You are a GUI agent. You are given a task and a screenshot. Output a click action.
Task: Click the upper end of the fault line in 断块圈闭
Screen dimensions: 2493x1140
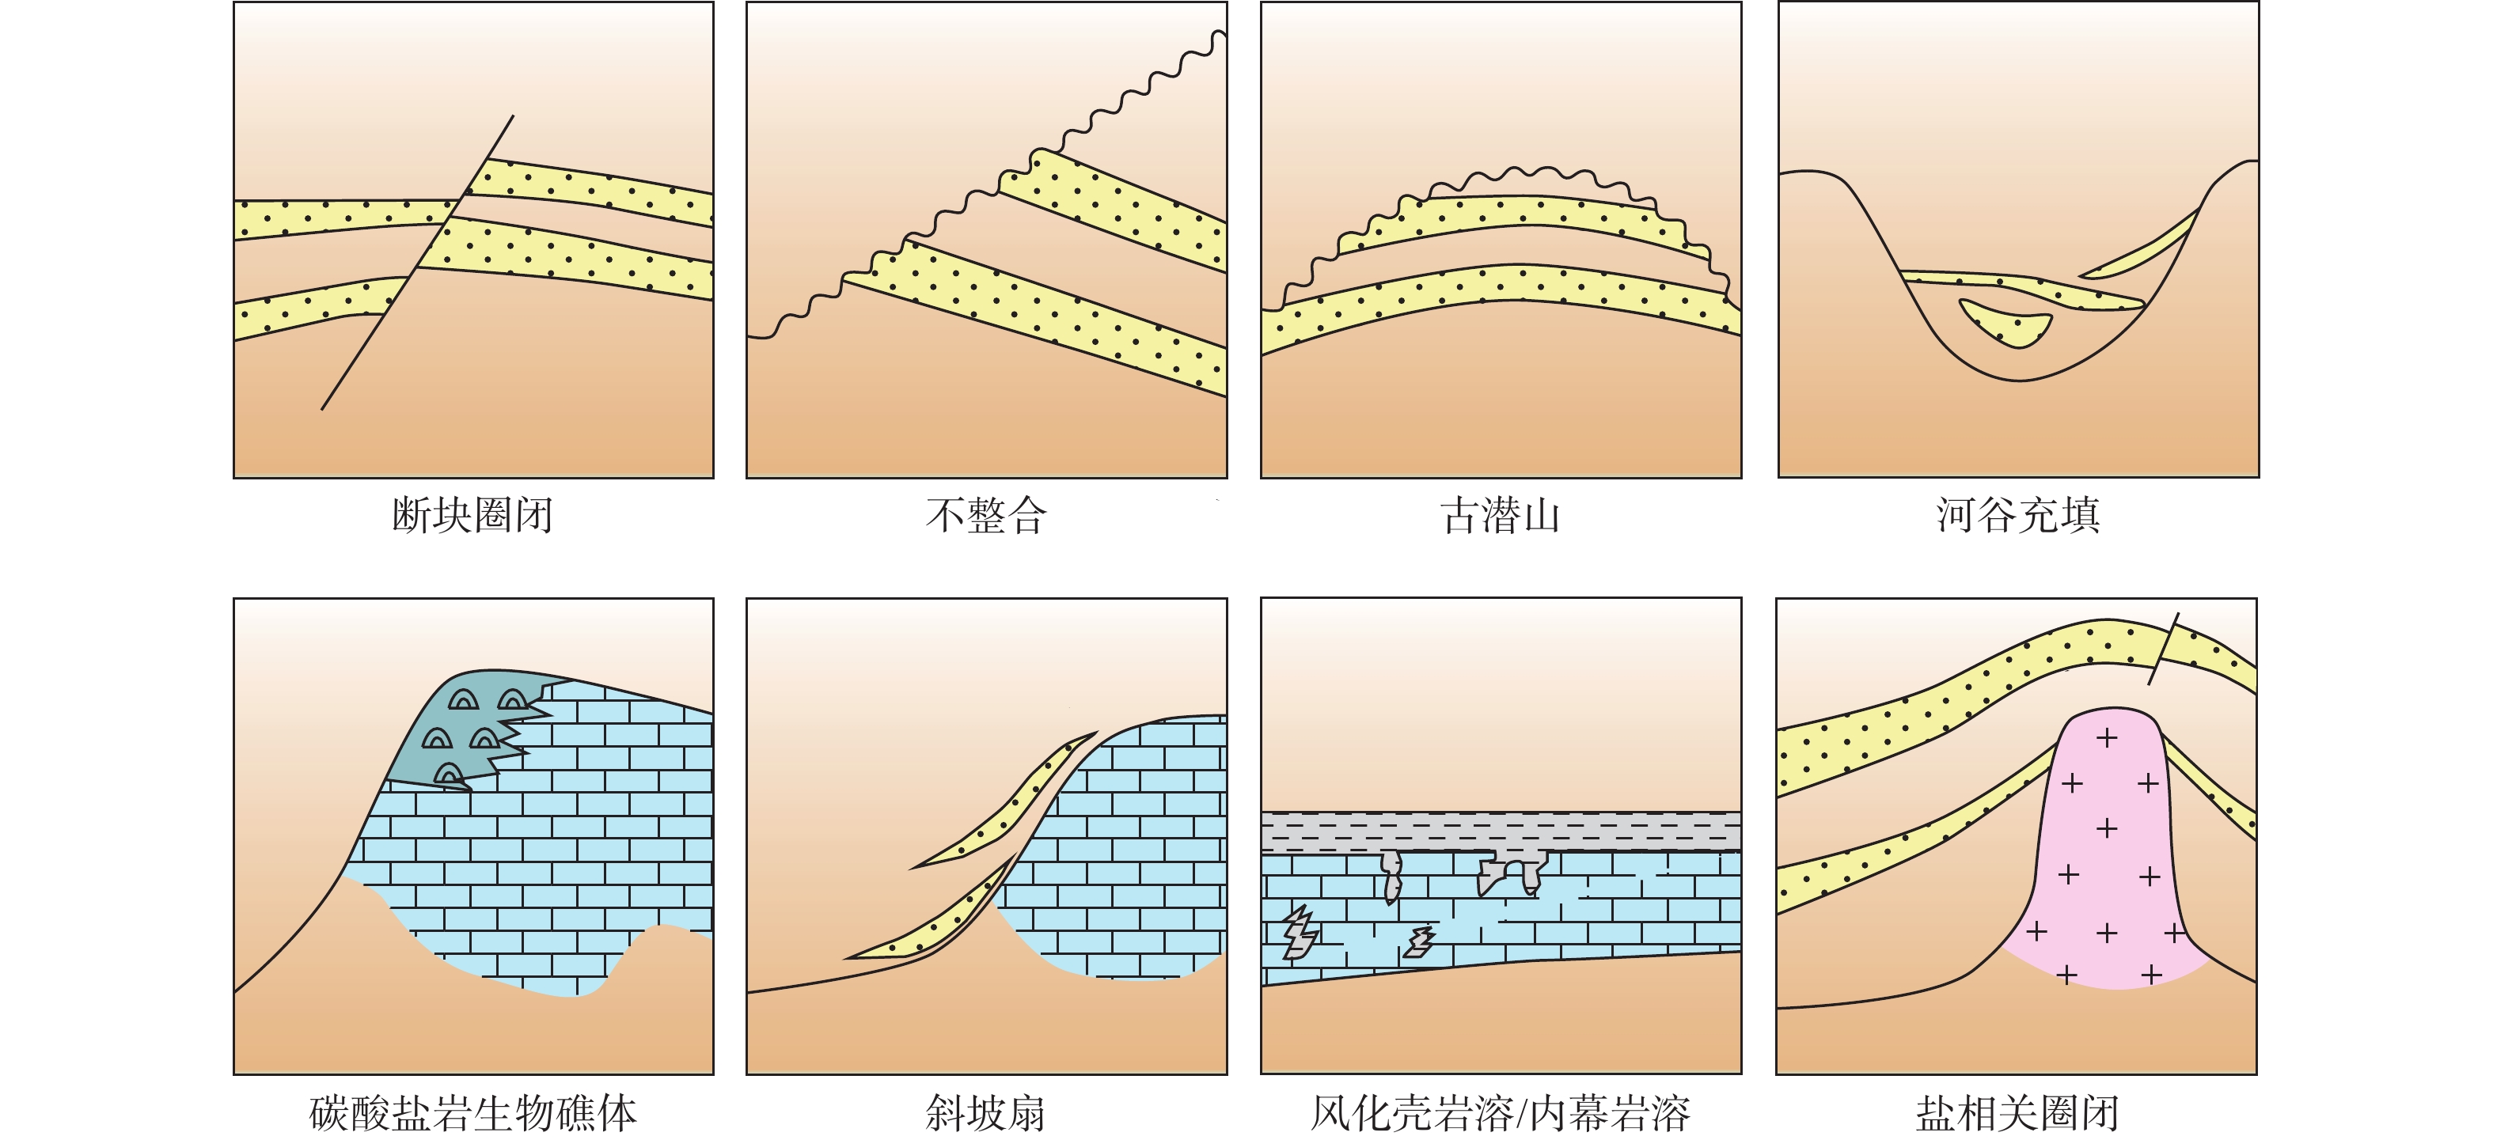[513, 116]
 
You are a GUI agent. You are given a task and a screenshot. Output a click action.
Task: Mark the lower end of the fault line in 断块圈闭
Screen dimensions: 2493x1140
[321, 409]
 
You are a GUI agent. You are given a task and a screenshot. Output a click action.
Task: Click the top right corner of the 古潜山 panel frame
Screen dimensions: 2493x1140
[1741, 2]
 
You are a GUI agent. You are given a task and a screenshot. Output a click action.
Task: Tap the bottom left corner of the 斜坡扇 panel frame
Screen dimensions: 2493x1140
[747, 1074]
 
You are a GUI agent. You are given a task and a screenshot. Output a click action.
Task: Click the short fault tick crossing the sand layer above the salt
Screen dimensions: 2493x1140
[2164, 649]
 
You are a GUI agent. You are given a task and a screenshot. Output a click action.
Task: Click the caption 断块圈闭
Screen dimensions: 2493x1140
[472, 515]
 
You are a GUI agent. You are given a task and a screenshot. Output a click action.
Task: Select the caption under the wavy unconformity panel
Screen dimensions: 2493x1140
[986, 515]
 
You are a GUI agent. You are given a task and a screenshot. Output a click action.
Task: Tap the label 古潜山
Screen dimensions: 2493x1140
[1500, 515]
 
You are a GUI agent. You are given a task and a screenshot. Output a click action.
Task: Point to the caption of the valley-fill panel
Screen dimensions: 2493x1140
[2018, 515]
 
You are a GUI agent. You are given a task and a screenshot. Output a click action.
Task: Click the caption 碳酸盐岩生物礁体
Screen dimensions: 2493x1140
[473, 1113]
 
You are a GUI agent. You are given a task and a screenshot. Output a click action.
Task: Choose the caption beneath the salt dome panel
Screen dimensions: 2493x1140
[2018, 1113]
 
